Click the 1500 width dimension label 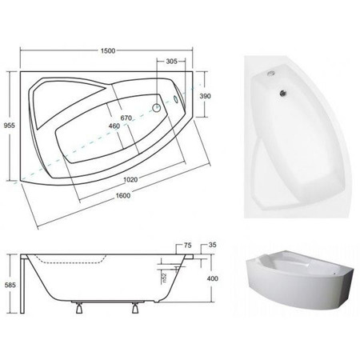(108, 50)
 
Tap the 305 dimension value (171, 62)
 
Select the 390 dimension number (205, 96)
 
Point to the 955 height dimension (10, 126)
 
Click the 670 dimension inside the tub (126, 118)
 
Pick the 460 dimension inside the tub (114, 126)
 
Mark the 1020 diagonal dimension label (130, 179)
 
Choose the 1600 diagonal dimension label (123, 196)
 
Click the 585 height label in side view (10, 285)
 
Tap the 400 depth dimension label (213, 278)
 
